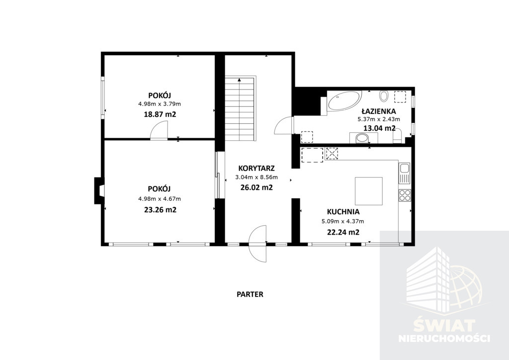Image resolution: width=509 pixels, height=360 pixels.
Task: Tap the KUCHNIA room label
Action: tap(343, 212)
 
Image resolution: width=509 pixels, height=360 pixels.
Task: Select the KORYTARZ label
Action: tap(256, 168)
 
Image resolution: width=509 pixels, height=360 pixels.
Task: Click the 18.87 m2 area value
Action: tap(160, 114)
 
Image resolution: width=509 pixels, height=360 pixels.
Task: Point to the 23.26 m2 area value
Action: tap(161, 210)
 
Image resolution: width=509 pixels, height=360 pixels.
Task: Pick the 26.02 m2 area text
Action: tap(256, 187)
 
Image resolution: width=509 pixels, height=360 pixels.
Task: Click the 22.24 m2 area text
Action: tap(343, 232)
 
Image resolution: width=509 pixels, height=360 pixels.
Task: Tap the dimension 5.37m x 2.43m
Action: tap(379, 119)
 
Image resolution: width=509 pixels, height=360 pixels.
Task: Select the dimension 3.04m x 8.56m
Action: tap(256, 177)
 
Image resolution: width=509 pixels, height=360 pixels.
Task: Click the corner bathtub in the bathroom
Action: tap(344, 100)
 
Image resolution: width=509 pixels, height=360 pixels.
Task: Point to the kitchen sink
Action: tap(405, 173)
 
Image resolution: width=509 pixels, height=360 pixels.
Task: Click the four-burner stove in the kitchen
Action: tap(405, 195)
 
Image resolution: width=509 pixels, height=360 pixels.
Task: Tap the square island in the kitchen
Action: tap(368, 191)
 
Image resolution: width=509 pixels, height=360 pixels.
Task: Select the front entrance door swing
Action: tap(257, 244)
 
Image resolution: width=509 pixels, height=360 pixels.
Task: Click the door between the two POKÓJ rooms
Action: tap(159, 131)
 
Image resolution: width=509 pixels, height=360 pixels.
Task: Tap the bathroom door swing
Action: tap(284, 125)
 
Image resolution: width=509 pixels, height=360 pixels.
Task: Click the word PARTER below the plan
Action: tap(250, 294)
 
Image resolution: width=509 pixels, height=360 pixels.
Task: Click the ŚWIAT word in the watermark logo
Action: tap(444, 325)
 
